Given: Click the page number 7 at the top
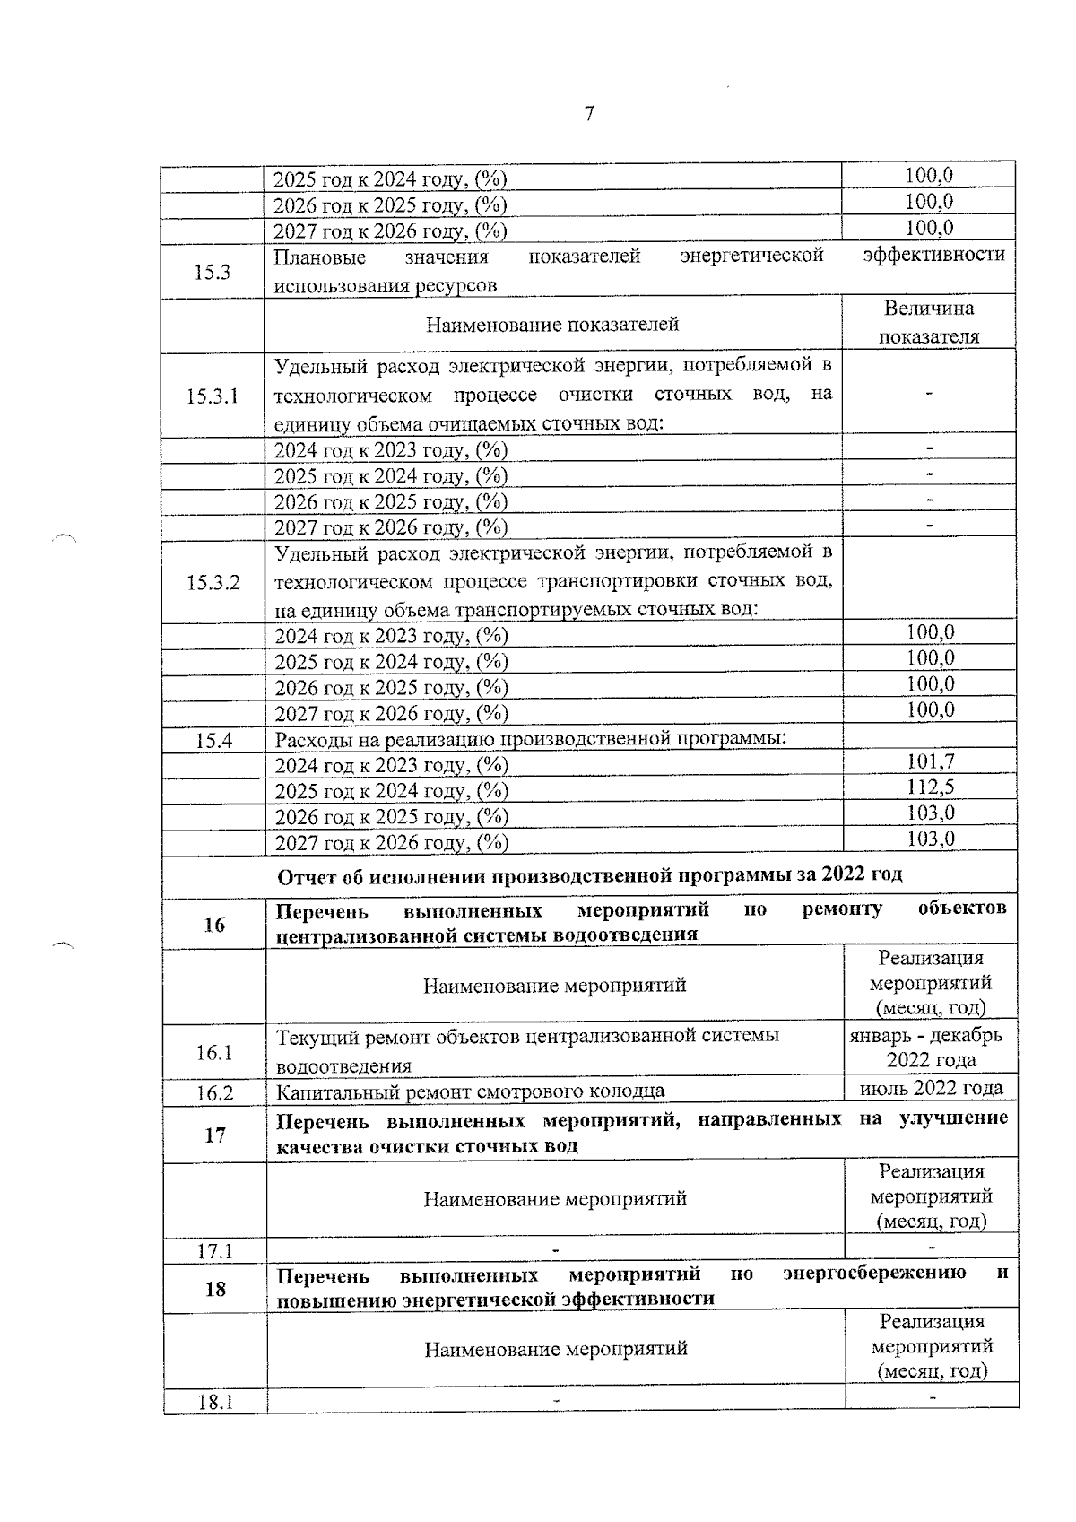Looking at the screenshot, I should click(589, 114).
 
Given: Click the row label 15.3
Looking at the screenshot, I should click(213, 272).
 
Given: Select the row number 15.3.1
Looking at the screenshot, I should click(213, 396).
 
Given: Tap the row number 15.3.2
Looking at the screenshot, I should click(213, 582).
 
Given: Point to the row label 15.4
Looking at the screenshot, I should click(213, 741).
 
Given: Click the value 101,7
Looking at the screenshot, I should click(930, 761).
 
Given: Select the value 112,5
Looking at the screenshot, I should click(930, 787).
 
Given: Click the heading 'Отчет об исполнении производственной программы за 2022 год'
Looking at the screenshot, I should click(590, 874).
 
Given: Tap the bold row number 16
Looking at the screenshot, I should click(214, 925).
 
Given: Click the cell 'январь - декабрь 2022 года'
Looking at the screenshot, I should click(931, 1048).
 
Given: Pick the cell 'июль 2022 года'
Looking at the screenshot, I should click(931, 1088).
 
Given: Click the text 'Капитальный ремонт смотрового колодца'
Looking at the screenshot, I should click(470, 1091).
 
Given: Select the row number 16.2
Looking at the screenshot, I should click(214, 1092).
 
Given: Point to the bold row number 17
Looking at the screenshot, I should click(215, 1135).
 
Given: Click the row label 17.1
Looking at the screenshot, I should click(215, 1250).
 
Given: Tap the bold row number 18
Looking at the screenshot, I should click(215, 1289).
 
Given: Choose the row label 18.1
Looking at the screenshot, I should click(215, 1402).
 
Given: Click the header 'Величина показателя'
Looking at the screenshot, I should click(929, 323).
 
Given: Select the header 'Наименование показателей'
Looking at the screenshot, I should click(552, 325).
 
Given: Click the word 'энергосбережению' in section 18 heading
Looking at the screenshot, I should click(874, 1274).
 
